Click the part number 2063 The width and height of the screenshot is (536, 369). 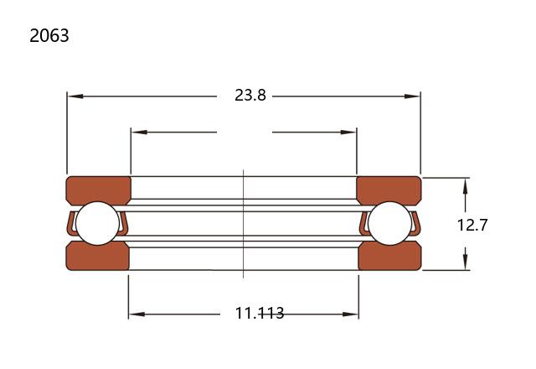[49, 35]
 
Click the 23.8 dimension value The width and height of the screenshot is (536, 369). [250, 95]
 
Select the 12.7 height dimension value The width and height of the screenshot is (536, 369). [472, 225]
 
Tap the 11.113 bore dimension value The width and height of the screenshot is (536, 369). [260, 313]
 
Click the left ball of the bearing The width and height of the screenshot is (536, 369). [97, 223]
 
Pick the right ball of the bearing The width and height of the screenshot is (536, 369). [390, 223]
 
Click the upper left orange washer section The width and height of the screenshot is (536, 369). [99, 190]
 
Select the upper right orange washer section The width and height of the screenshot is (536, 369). [389, 190]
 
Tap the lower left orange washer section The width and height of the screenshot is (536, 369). [97, 256]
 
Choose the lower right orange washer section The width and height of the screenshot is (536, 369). [390, 256]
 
